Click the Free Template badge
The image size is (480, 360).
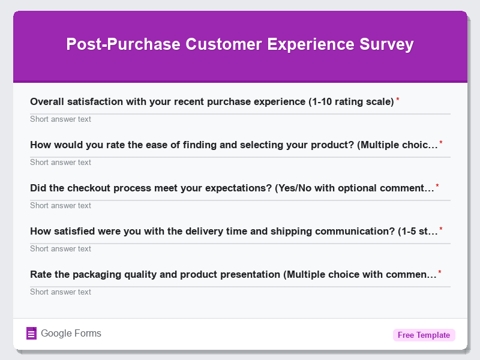point(424,335)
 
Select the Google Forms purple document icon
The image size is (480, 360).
point(32,334)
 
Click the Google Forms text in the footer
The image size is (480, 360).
point(71,334)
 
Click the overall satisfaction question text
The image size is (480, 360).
point(212,102)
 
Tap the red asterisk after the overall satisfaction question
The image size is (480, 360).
point(398,100)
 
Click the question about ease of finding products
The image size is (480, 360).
point(233,145)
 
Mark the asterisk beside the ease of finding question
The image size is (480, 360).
point(441,143)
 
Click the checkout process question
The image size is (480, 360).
point(232,188)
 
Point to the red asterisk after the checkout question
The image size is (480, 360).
point(437,186)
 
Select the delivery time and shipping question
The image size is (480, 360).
point(233,232)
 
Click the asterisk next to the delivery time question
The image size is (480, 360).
point(441,229)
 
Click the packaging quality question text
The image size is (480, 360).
point(233,275)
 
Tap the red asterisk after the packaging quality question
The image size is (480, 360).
point(440,272)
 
